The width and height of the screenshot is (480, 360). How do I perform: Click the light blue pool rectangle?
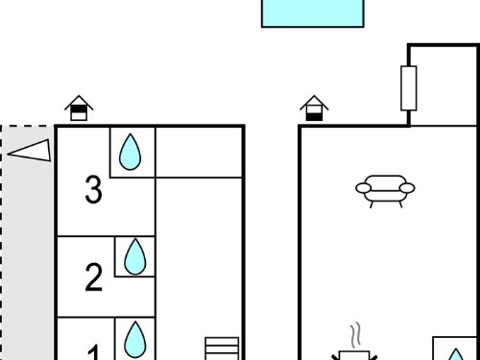coord(313,13)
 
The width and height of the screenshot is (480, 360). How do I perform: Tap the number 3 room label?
coord(94,190)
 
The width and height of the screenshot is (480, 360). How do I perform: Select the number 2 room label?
coord(94,277)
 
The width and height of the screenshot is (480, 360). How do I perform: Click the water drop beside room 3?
coord(130,152)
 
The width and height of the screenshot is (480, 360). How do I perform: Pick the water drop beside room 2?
coord(135,256)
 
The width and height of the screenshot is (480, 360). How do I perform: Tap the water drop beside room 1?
coord(135,339)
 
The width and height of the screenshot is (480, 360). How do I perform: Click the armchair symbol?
coord(385,191)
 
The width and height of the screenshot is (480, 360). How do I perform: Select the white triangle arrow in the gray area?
coord(30,150)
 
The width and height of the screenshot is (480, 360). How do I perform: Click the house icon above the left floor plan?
coord(79,108)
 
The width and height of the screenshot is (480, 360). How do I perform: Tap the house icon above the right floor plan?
coord(314,108)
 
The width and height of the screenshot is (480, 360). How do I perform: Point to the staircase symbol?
coord(222,348)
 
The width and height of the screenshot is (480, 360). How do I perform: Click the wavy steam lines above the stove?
coord(355,336)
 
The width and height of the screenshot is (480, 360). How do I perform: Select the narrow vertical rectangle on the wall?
coord(409,88)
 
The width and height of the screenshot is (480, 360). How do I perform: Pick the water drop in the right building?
coord(456,354)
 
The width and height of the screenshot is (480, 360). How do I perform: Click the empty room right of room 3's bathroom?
coord(199,153)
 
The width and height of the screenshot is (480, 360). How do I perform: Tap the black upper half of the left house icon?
coord(79,109)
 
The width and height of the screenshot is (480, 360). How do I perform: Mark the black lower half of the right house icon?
coord(314,116)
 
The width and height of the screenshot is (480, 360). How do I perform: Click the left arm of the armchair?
coord(364,188)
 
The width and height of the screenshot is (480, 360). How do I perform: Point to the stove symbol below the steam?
coord(354,355)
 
